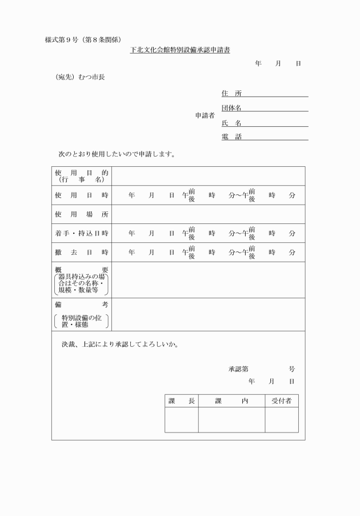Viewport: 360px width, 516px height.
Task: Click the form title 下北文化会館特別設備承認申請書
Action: click(x=179, y=50)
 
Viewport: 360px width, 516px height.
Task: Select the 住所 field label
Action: click(x=231, y=93)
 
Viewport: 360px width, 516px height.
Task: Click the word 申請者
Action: click(x=205, y=115)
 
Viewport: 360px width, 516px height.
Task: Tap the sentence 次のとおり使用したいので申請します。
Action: click(x=117, y=154)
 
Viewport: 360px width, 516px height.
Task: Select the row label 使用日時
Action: click(x=82, y=195)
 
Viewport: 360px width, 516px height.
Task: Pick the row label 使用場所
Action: click(x=82, y=214)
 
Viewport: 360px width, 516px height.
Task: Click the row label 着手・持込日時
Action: click(x=82, y=233)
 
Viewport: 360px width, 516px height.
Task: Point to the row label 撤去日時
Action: click(x=82, y=252)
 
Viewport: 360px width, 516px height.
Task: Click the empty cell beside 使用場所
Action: click(x=208, y=214)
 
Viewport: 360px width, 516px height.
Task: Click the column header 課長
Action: click(x=182, y=401)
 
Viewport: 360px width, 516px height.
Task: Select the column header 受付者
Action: click(x=281, y=401)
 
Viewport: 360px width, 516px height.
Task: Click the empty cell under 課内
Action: click(x=231, y=419)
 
